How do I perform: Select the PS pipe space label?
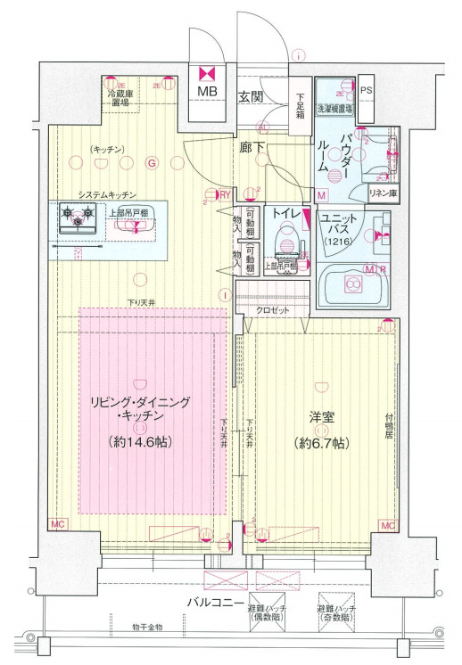coord(366,90)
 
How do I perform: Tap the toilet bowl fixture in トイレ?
coord(286,239)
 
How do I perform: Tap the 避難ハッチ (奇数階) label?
coord(336,612)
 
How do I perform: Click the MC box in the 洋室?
coord(387,526)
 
